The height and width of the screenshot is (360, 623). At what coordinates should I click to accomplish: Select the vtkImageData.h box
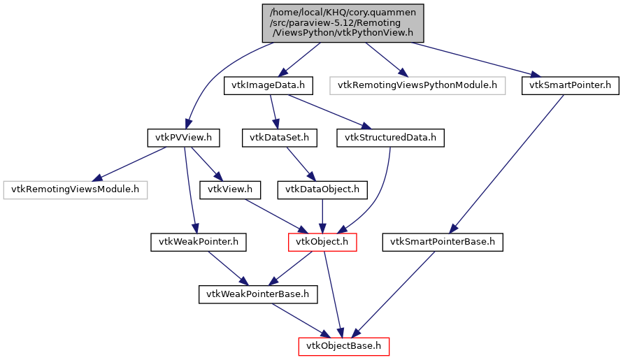268,86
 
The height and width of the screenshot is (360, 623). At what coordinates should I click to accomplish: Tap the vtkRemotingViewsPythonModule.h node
417,86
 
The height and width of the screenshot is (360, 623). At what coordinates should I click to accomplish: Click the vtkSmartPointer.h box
571,86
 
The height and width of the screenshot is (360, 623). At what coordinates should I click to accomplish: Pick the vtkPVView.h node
184,138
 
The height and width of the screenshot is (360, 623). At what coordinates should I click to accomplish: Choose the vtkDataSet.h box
279,138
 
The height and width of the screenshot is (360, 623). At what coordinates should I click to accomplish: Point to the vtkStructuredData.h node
389,138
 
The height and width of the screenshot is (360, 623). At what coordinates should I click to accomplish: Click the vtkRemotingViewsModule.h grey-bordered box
76,189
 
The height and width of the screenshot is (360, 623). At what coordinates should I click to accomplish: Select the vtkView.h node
230,189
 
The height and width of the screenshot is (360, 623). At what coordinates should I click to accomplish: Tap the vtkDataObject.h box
322,189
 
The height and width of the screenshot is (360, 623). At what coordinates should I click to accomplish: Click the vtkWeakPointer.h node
199,243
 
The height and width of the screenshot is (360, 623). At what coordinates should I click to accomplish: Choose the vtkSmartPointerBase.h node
441,243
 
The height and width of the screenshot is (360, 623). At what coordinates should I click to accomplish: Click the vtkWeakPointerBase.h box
258,294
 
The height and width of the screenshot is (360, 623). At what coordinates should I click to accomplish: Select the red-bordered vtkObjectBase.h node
343,346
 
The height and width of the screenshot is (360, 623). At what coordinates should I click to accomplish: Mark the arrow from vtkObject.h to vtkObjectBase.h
333,294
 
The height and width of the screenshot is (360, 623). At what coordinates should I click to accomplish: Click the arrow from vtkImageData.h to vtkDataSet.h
273,112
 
